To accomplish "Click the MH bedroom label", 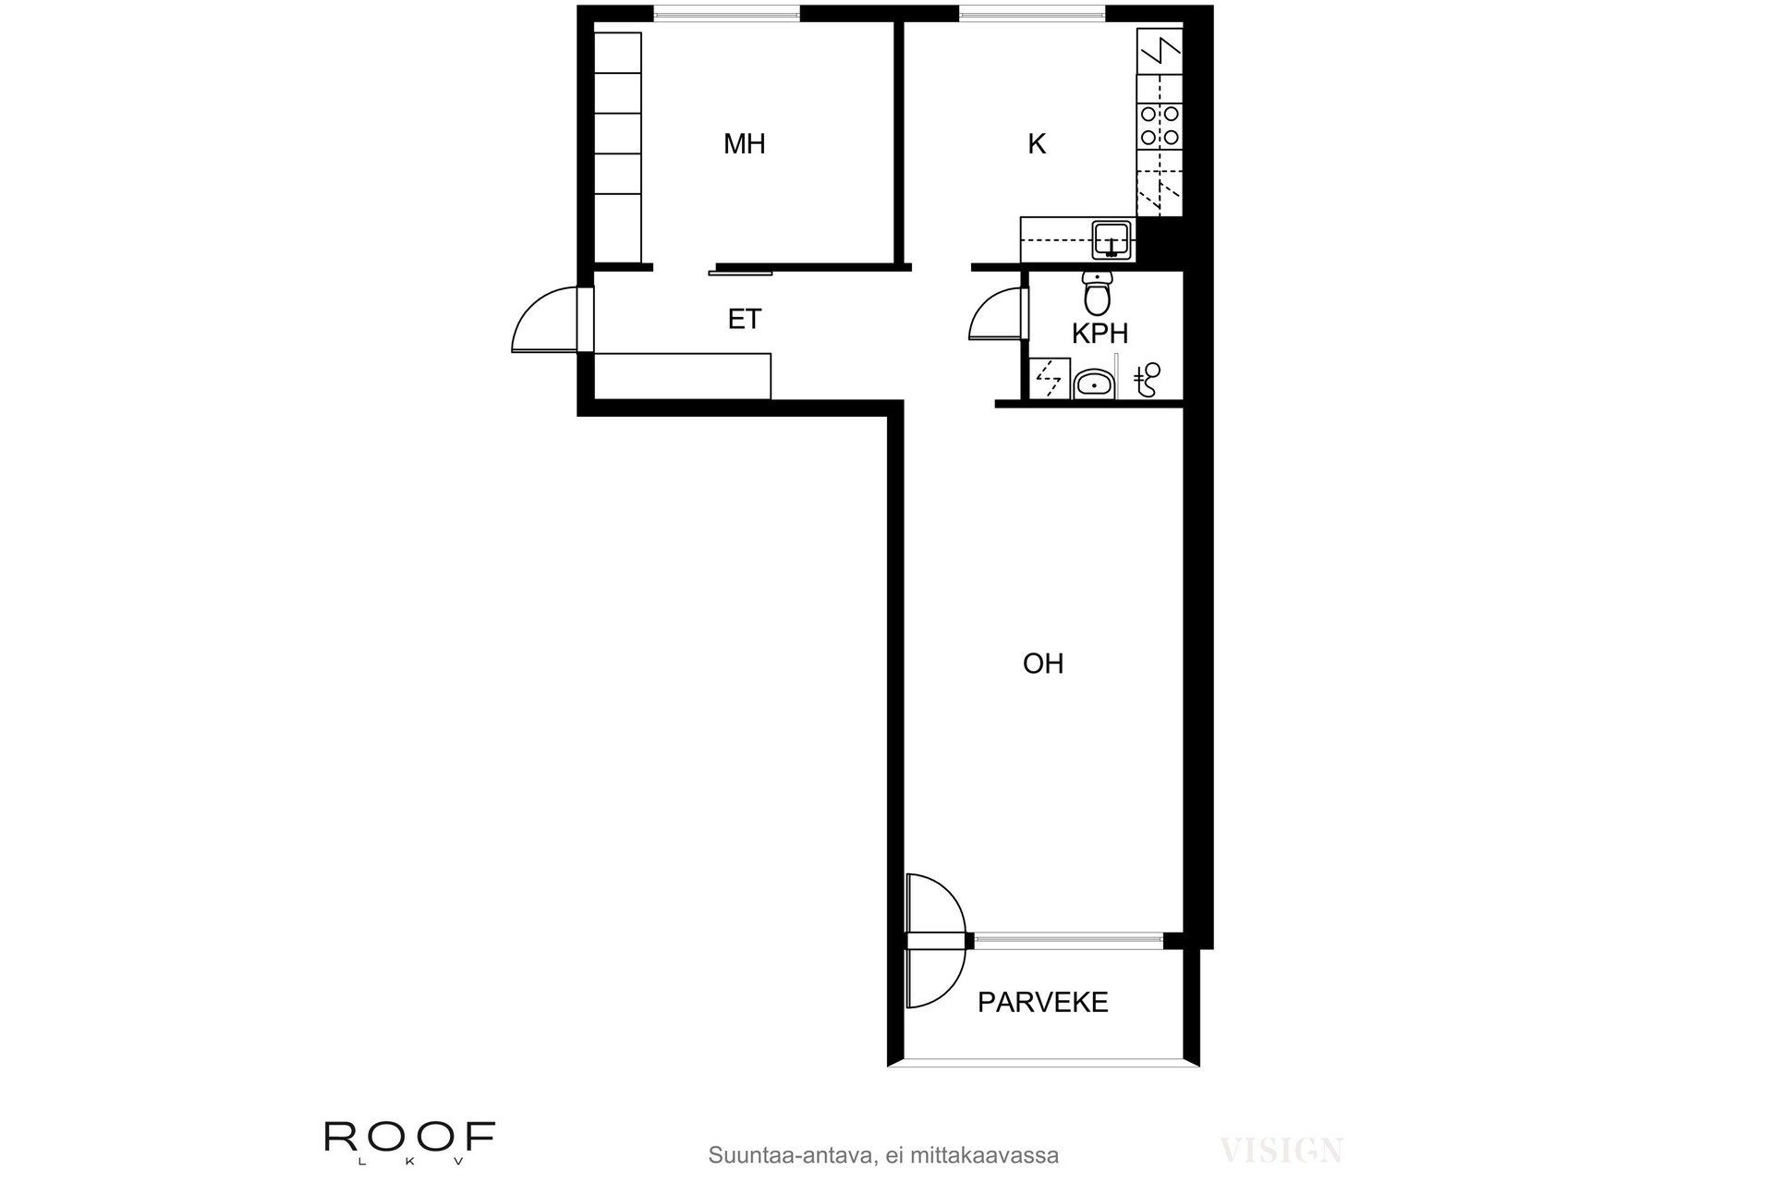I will (744, 144).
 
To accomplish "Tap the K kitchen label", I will (1037, 144).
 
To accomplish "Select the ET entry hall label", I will (744, 320).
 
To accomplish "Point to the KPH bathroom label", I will (1100, 334).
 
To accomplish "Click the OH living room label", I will (1043, 664).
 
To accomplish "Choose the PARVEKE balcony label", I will (1043, 1003).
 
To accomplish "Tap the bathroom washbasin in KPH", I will (1095, 382).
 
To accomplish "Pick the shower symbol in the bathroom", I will (1148, 379).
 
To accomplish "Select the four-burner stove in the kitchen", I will (1160, 125).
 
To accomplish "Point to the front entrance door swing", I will (545, 320).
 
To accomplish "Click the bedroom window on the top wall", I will (726, 13).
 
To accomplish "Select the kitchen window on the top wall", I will (1031, 13).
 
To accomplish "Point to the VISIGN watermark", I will (1281, 1151).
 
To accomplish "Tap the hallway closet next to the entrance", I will (682, 375).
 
